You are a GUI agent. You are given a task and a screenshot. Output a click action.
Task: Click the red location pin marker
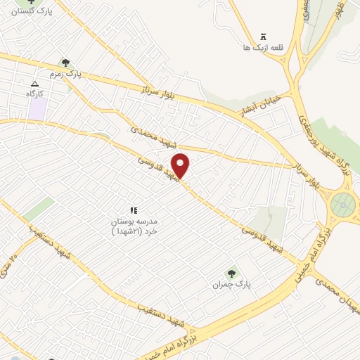point(181,165)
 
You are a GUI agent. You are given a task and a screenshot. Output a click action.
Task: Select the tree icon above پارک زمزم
point(66,63)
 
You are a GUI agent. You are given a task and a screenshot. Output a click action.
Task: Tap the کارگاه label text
point(35,93)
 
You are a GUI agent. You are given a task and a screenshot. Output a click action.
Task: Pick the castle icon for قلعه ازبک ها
point(264,37)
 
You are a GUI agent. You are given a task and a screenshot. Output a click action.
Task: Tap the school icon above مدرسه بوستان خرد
point(133,210)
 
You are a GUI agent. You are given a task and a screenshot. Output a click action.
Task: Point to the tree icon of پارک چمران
point(231,274)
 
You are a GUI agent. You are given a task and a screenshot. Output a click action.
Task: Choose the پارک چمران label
point(231,284)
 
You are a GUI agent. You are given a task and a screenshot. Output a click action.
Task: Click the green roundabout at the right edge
point(344,205)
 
